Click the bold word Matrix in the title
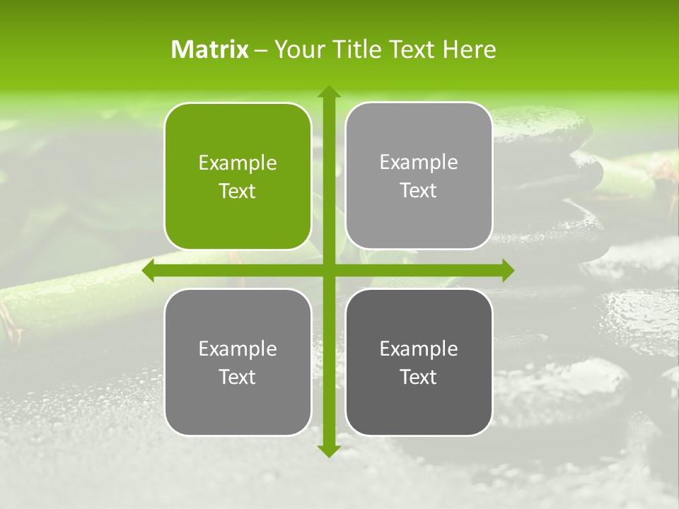pyautogui.click(x=210, y=49)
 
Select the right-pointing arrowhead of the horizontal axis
pyautogui.click(x=507, y=271)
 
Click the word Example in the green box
pyautogui.click(x=238, y=163)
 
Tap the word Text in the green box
pyautogui.click(x=238, y=192)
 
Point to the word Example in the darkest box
pyautogui.click(x=419, y=349)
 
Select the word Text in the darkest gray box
pyautogui.click(x=419, y=377)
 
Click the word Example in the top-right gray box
pyautogui.click(x=419, y=163)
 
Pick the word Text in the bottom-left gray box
pyautogui.click(x=238, y=377)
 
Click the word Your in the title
pyautogui.click(x=296, y=49)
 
